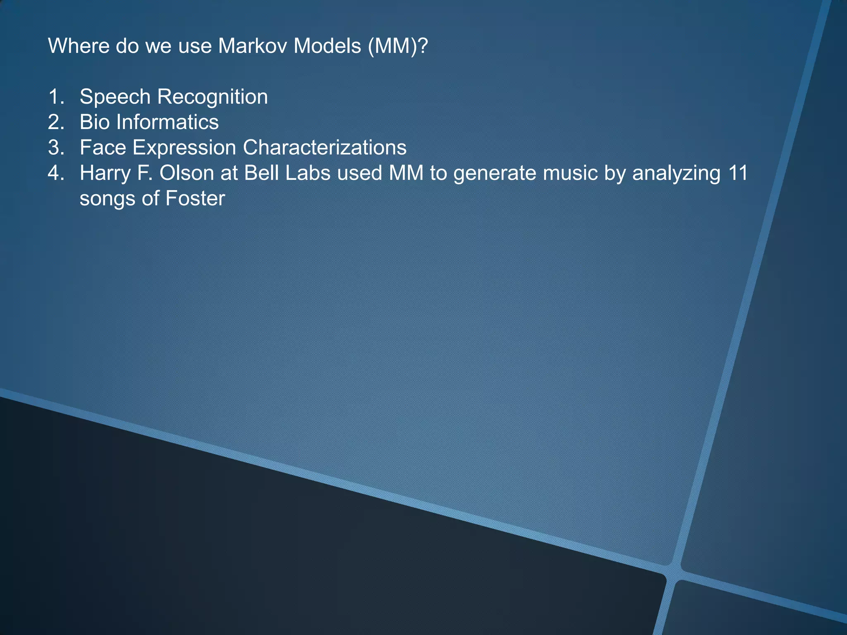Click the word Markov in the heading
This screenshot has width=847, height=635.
pyautogui.click(x=252, y=46)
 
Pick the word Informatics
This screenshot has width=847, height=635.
pyautogui.click(x=167, y=122)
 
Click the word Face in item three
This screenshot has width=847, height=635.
pyautogui.click(x=103, y=148)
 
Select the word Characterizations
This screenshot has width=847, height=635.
pyautogui.click(x=325, y=148)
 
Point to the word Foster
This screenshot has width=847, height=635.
pyautogui.click(x=195, y=198)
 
